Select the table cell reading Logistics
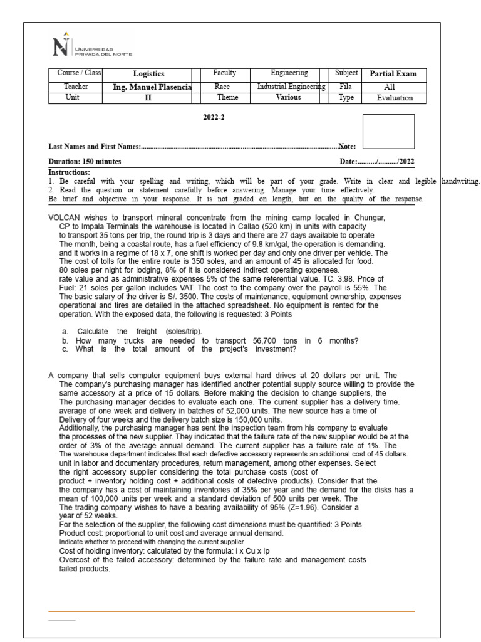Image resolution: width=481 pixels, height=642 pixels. (x=148, y=74)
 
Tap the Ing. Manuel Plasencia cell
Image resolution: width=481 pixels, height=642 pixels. (x=148, y=87)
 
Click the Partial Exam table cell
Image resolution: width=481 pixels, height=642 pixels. (x=393, y=74)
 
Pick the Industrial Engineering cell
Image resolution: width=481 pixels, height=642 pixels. (x=291, y=87)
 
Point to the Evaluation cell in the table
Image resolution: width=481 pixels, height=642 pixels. (x=394, y=98)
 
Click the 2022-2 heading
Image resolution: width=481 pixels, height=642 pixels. (x=214, y=118)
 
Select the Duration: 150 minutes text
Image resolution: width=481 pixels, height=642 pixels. (x=85, y=162)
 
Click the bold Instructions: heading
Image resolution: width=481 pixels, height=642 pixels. (x=70, y=172)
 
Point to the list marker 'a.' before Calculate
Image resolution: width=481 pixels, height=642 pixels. (x=65, y=330)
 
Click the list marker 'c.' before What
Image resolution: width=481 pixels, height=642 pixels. (x=65, y=349)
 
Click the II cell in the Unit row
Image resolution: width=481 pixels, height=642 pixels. (x=148, y=98)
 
